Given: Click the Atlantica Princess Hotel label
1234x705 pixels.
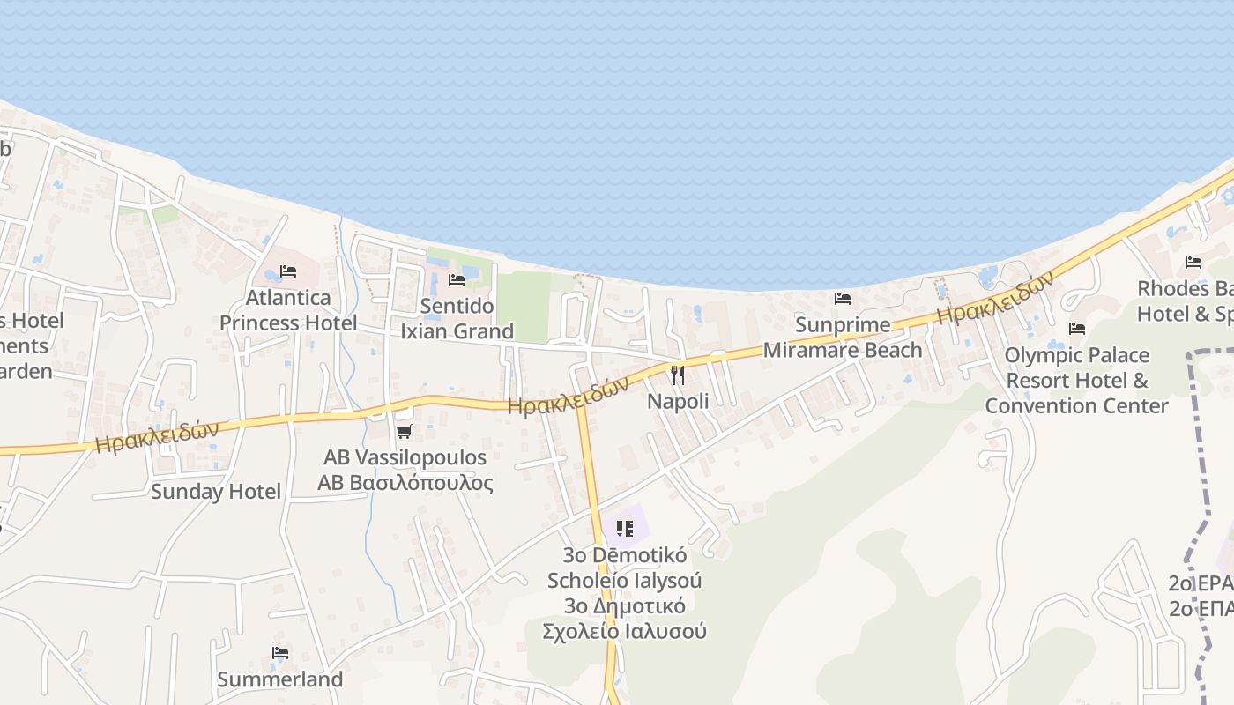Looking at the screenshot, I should coord(288,310).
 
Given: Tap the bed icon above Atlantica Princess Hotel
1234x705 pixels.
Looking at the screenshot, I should coord(288,271).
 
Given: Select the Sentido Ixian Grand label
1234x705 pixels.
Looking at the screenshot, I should coord(457,319).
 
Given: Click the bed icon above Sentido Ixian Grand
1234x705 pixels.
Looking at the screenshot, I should coord(457,280).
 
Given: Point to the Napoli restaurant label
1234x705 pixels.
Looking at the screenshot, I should coord(678,401).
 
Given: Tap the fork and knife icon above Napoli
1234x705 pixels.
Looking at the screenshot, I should coord(677,375).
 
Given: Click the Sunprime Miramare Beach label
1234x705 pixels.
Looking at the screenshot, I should coord(843,338).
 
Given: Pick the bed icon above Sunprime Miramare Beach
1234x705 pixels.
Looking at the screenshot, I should coord(843,299).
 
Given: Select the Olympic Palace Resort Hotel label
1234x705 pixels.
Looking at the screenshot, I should coord(1076,380).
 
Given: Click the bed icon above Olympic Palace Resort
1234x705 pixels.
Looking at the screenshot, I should coord(1076,329).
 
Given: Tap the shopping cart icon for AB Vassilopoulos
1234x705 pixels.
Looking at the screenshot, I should coord(405,431).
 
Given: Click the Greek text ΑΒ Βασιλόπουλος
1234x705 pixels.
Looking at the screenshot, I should coord(405,483).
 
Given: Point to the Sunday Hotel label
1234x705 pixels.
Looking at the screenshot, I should coord(216,492).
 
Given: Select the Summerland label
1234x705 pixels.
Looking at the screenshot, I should coord(279,679).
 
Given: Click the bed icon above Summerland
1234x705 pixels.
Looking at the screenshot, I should coord(280,653).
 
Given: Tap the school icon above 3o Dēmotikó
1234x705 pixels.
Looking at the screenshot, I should coord(625,529).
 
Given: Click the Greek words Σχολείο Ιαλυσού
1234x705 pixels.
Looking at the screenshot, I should coord(624,631).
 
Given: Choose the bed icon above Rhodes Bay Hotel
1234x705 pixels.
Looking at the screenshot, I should coord(1193,263).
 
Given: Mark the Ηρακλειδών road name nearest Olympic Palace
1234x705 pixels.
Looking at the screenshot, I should coord(995,298).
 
